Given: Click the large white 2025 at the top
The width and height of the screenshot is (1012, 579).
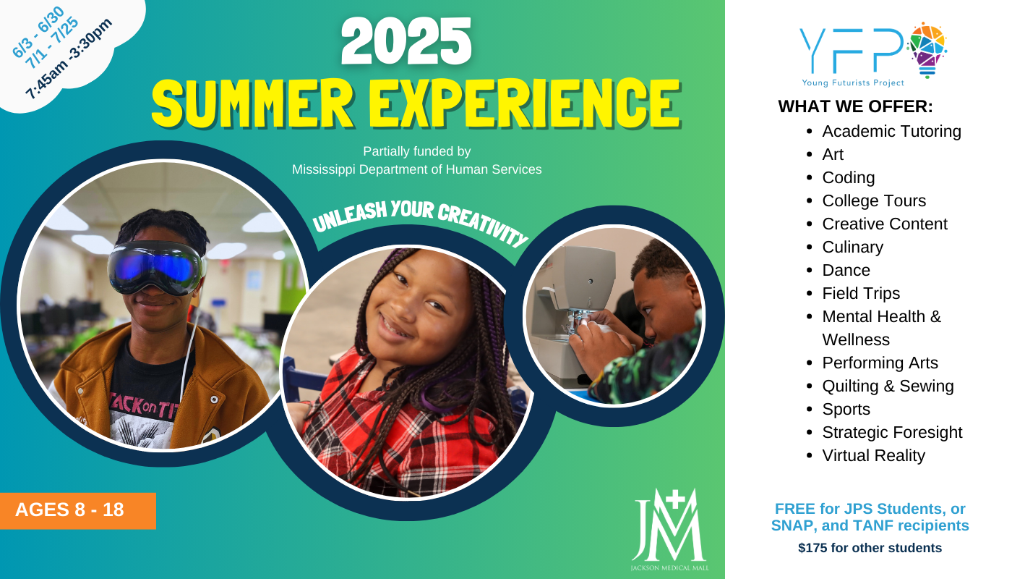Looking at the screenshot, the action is (406, 41).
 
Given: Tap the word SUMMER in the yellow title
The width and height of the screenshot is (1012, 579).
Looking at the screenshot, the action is (252, 103).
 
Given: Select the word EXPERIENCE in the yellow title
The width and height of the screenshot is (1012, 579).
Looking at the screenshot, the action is (525, 103).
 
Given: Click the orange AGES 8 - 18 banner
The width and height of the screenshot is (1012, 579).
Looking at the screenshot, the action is (78, 511).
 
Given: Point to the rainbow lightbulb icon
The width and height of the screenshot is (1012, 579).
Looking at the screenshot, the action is (927, 50).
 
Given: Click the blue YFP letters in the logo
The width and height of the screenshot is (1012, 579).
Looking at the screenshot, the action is (852, 50).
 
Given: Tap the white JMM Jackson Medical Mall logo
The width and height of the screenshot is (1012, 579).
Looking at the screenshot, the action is (669, 529).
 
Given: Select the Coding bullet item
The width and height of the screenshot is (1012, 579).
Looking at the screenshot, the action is (848, 178).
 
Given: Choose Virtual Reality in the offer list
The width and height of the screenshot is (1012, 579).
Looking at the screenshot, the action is (873, 455).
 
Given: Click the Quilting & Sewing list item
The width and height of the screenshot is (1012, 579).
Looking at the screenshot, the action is (888, 386).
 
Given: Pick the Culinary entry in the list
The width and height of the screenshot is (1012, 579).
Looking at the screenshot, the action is (852, 248).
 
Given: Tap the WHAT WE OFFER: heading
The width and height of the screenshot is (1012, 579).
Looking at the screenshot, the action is (855, 107).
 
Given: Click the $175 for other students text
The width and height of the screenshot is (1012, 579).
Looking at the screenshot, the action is (870, 548).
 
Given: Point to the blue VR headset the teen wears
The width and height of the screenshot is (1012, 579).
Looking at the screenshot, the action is (156, 268).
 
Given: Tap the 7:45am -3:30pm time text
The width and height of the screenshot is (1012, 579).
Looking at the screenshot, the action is (69, 59).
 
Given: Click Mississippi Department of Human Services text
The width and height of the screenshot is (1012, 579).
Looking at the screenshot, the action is (416, 169).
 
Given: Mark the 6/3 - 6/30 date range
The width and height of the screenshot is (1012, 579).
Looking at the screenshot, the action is (38, 32).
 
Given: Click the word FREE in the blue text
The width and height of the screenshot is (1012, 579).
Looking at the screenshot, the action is (795, 509).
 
